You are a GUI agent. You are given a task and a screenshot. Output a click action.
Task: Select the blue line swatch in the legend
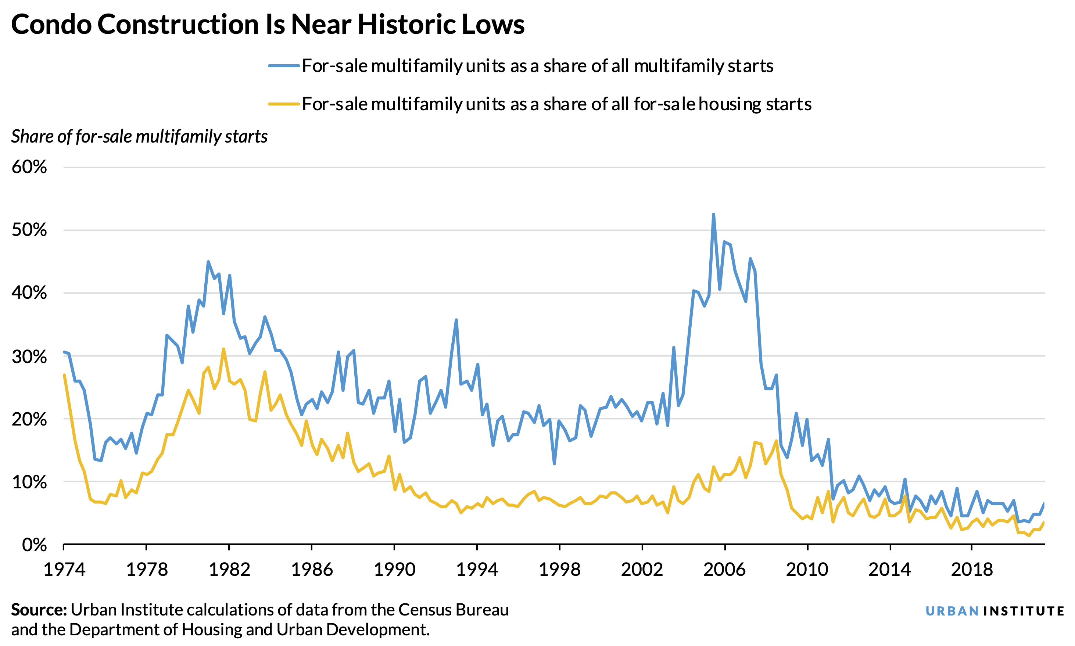tap(284, 66)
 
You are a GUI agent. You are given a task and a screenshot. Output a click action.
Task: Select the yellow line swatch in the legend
tap(284, 104)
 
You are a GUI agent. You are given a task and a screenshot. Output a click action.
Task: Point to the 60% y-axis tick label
tap(29, 167)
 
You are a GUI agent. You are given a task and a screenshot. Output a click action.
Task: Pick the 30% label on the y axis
tap(29, 356)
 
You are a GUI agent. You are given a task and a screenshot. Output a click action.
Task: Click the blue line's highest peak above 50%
tap(713, 215)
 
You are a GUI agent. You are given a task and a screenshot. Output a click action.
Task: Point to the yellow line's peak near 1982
tap(223, 349)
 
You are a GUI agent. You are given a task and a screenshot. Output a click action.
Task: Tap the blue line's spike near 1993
tap(456, 320)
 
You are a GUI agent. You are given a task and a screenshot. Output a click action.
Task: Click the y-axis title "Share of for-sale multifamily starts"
tap(139, 137)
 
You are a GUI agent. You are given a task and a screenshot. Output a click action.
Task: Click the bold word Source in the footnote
tap(38, 610)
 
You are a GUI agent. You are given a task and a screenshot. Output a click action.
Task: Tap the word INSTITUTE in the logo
tap(1023, 611)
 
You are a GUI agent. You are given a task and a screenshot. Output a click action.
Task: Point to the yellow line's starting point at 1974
tap(64, 375)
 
